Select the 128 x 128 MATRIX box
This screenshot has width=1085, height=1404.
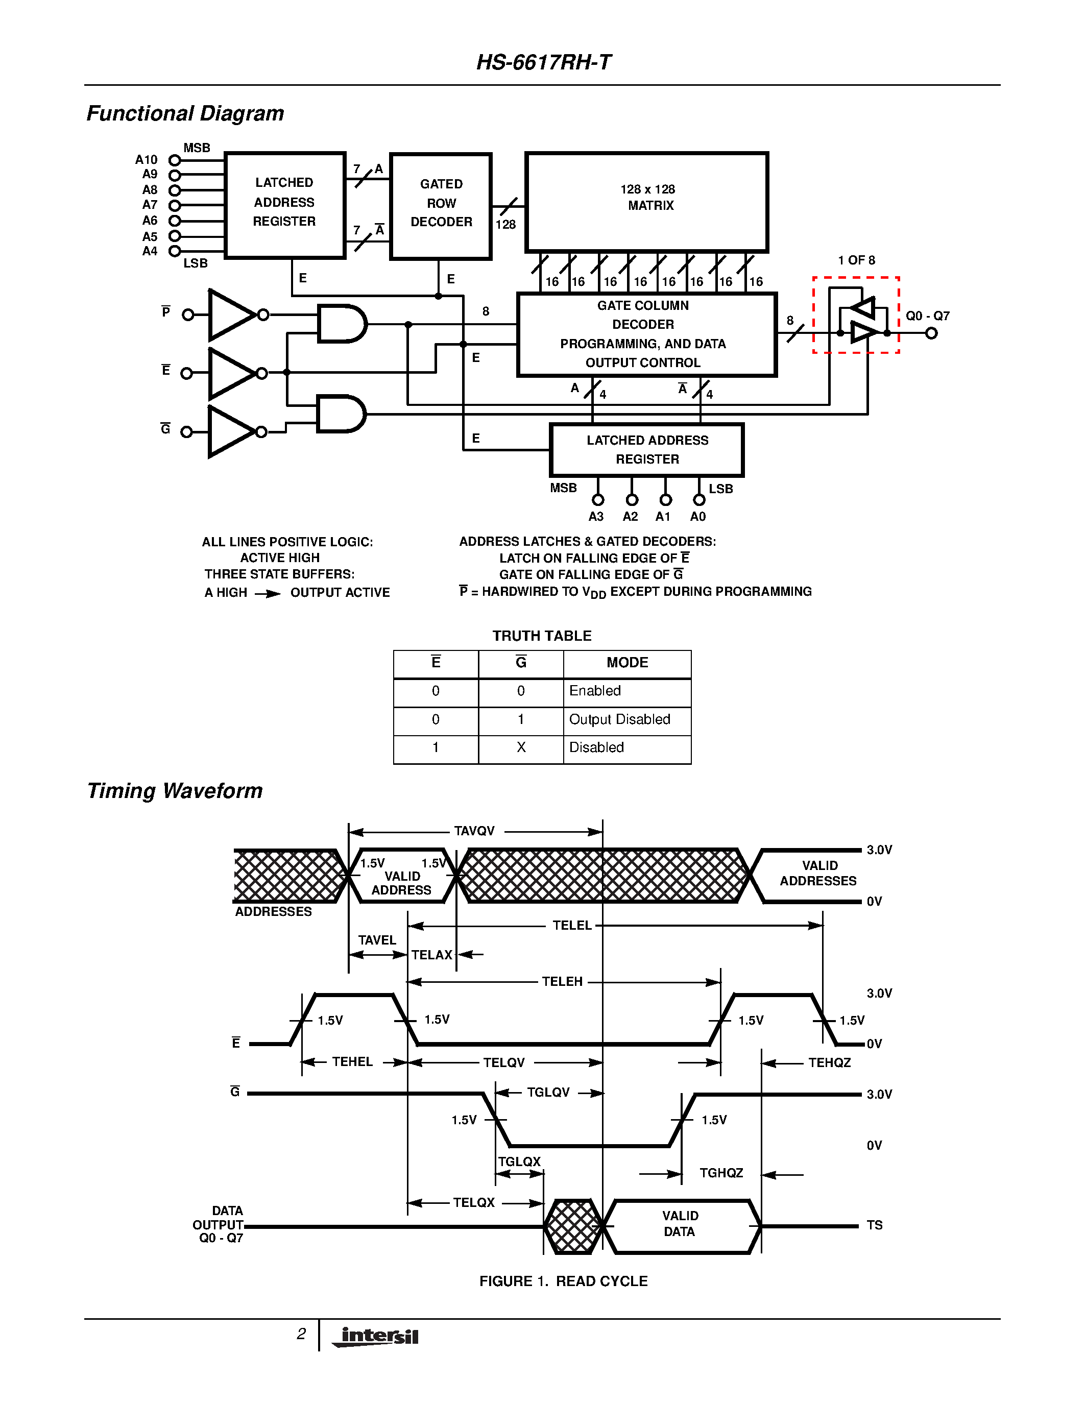click(x=646, y=202)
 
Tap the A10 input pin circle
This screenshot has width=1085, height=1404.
click(x=174, y=160)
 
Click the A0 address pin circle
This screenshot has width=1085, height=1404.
click(x=698, y=499)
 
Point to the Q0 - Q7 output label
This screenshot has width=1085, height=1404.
click(x=927, y=316)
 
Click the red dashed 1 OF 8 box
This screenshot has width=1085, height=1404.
click(x=856, y=315)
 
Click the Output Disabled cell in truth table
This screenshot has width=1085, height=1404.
click(x=619, y=719)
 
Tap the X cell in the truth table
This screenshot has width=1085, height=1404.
click(x=521, y=747)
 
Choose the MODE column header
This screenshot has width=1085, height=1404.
click(x=626, y=663)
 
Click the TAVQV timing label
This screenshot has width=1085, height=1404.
click(x=474, y=831)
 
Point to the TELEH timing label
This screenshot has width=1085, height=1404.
click(x=562, y=982)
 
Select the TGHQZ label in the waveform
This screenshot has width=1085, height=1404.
click(x=721, y=1173)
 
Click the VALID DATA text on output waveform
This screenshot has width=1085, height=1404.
click(x=680, y=1223)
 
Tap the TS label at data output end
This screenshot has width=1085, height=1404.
click(x=874, y=1225)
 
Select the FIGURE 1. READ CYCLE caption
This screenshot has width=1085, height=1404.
click(x=563, y=1281)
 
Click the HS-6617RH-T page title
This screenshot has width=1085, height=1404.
click(x=543, y=62)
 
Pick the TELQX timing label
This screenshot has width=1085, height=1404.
click(x=474, y=1203)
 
